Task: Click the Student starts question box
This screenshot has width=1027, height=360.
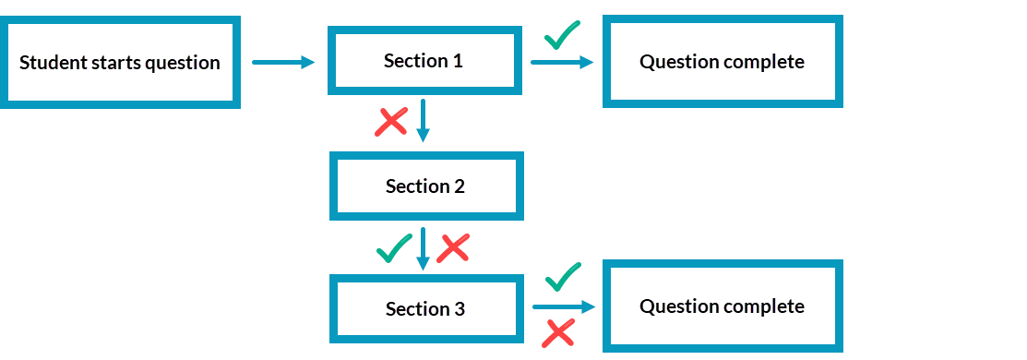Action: [120, 63]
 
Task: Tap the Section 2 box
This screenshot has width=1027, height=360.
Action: [425, 186]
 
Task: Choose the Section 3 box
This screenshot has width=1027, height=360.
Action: [425, 309]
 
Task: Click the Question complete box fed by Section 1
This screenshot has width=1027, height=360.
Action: [722, 62]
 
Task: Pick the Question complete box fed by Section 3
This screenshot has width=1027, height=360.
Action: [722, 306]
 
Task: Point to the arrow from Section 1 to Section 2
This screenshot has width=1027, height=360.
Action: [423, 120]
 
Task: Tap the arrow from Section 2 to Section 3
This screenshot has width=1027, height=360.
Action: [424, 247]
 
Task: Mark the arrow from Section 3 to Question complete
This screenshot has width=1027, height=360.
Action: [564, 307]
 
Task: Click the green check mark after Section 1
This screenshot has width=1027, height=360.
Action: [562, 35]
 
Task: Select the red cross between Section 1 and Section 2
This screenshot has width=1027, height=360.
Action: [391, 121]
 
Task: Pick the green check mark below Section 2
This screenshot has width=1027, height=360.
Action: [395, 247]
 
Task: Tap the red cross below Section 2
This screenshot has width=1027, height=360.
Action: [453, 247]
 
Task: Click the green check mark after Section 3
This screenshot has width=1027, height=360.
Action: [563, 275]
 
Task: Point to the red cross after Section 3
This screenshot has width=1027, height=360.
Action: [558, 332]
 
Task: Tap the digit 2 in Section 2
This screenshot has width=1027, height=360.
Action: [459, 186]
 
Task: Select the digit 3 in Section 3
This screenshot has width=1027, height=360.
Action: [459, 309]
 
